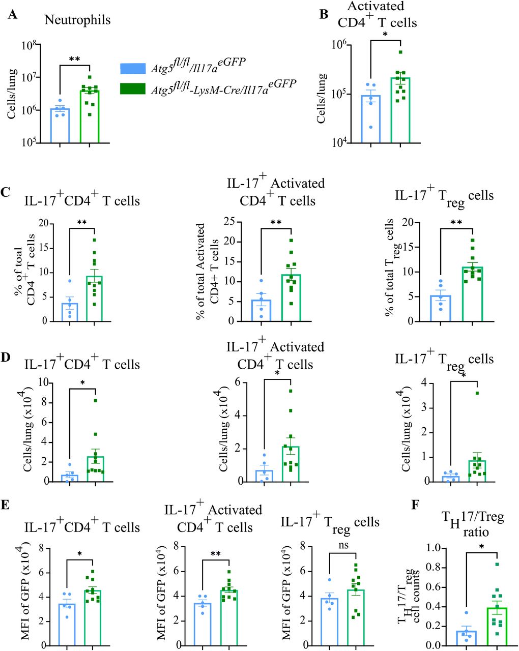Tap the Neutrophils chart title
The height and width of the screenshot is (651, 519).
pos(77,20)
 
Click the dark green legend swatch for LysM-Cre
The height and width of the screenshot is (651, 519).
pos(133,88)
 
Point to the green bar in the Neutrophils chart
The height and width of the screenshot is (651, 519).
pos(90,117)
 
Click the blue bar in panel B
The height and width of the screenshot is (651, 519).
pos(371,120)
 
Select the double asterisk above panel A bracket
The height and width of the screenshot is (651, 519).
pos(75,60)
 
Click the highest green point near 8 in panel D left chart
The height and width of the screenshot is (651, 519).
pos(96,401)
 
